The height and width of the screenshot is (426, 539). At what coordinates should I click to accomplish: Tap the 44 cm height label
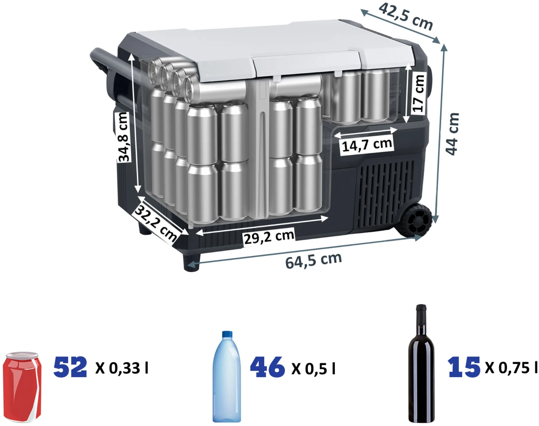[452, 134]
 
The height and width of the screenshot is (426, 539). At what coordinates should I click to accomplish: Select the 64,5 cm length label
[314, 261]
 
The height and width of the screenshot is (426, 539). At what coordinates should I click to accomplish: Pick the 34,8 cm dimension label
[123, 137]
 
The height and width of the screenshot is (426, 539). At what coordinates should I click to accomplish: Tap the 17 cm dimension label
[418, 93]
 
